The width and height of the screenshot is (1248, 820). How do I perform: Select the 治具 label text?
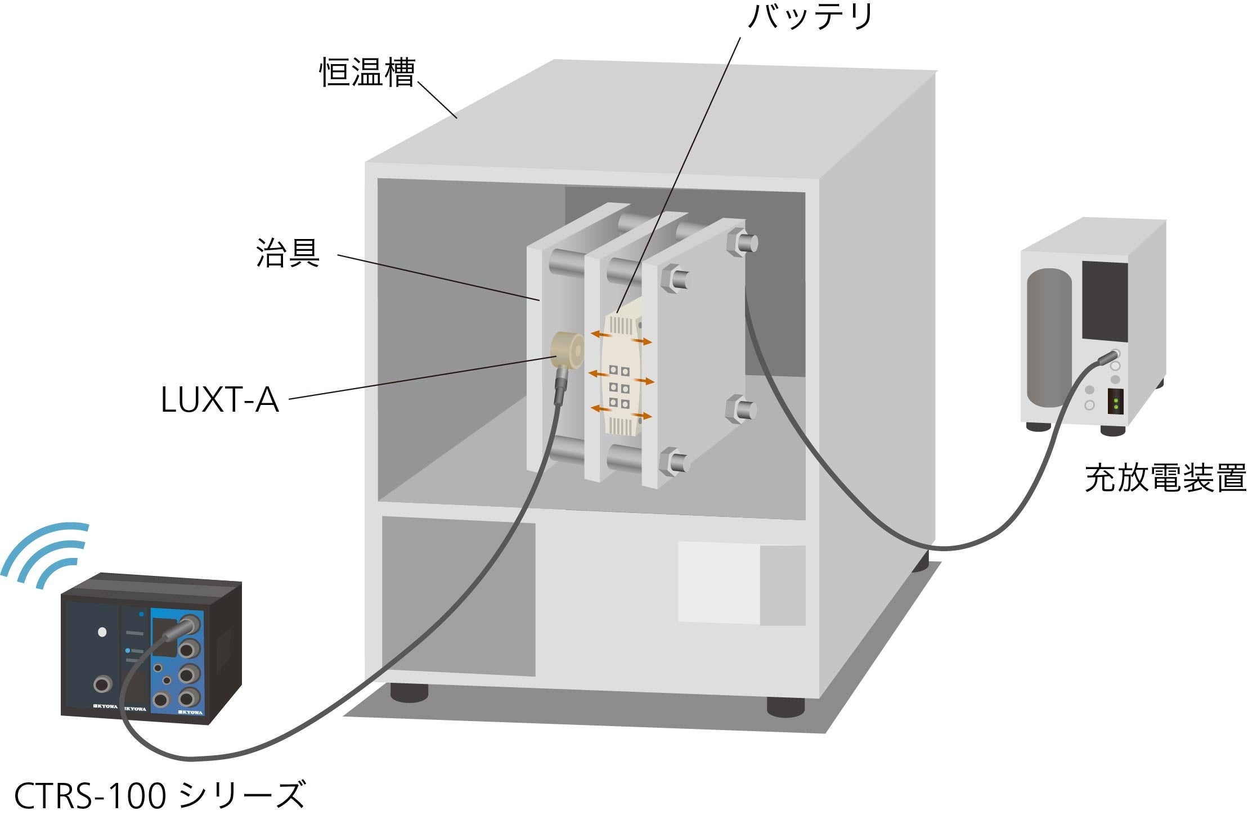coord(288,253)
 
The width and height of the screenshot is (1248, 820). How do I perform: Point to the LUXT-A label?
coord(219,400)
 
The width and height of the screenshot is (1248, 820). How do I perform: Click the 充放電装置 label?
coord(1165,478)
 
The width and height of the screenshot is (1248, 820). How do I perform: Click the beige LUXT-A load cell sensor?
coord(567,350)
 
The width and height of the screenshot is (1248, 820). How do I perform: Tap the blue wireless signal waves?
coord(45,553)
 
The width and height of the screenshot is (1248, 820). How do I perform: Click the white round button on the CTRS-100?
coord(102,632)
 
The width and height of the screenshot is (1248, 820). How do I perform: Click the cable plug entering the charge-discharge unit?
coord(1107,356)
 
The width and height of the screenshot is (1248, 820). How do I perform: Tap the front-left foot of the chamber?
coord(409,692)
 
